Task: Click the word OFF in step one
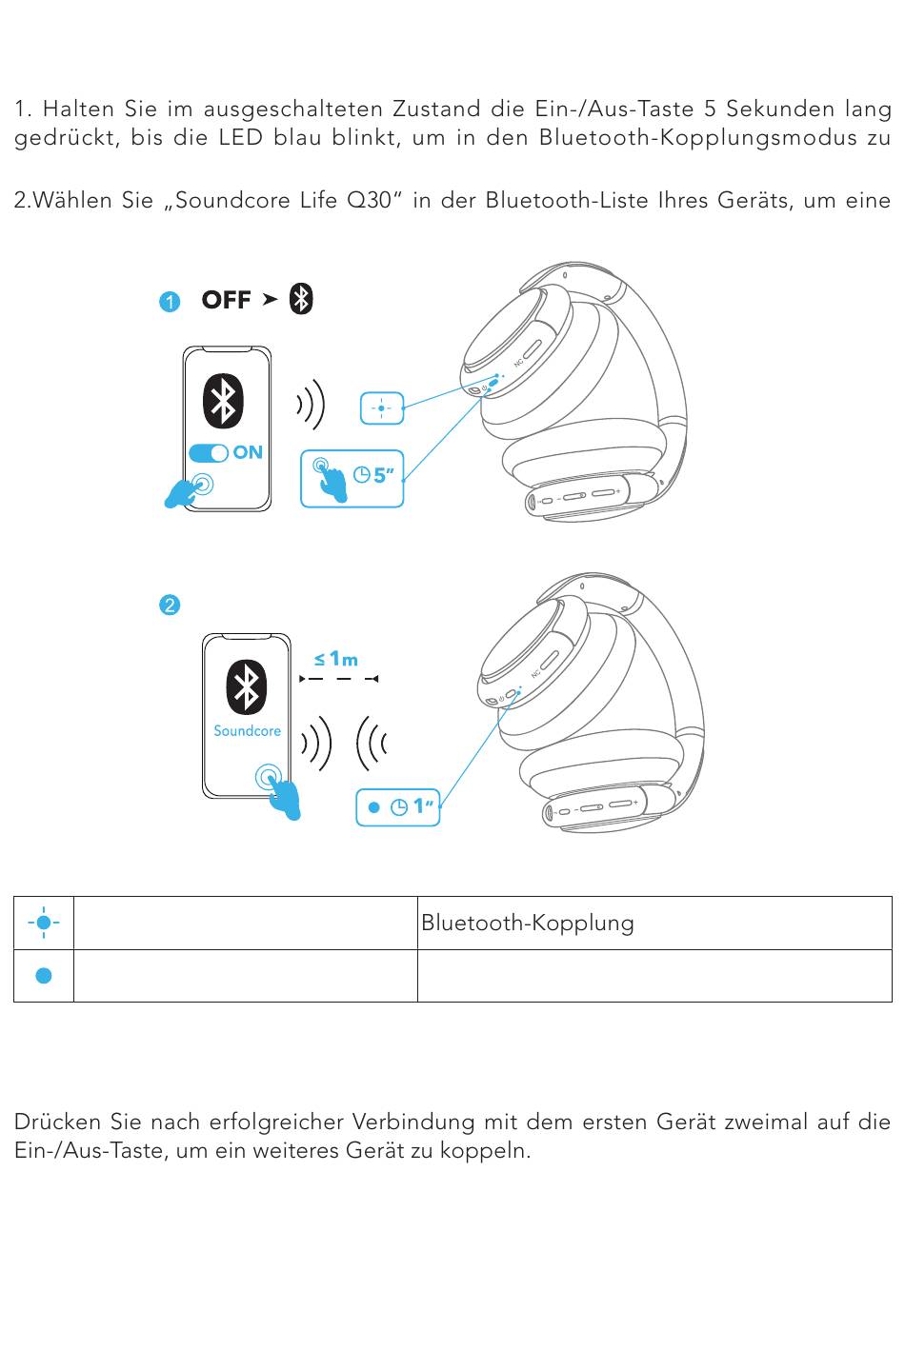tap(227, 300)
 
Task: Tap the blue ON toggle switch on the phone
tap(208, 453)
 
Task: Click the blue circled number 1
tap(170, 302)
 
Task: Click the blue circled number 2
tap(170, 605)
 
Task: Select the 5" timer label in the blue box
tap(373, 475)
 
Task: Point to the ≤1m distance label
tap(336, 659)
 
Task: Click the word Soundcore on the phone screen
tap(248, 731)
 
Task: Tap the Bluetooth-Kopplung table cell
tap(654, 923)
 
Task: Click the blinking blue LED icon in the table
tap(44, 923)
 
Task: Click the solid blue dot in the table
tap(44, 975)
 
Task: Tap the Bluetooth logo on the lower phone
tap(246, 687)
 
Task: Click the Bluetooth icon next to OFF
tap(301, 299)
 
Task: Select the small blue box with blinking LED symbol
tap(382, 408)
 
